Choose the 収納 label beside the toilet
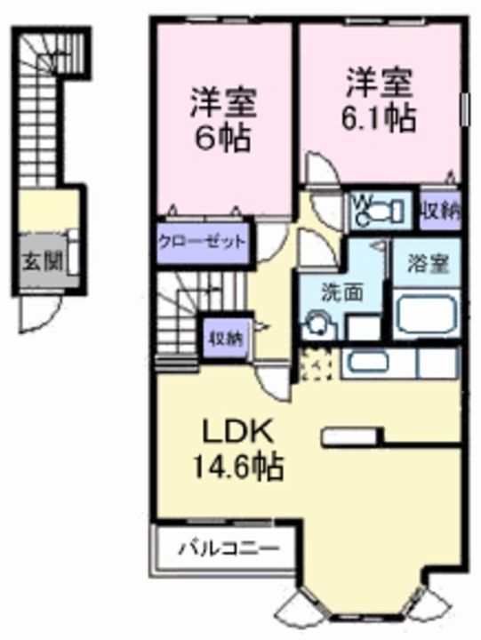point(440,212)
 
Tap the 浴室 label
point(426,263)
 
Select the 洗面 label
point(341,292)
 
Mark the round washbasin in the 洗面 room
point(315,325)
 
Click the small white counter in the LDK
point(350,436)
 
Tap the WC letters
point(364,204)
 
